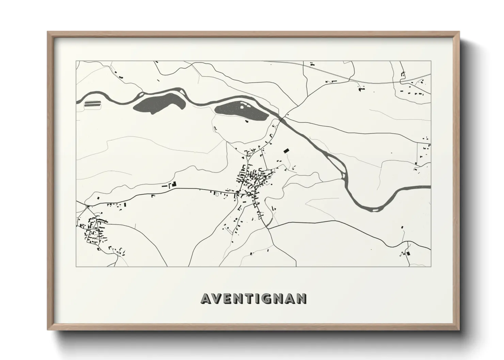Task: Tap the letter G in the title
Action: (x=268, y=298)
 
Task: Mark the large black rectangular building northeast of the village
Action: (x=286, y=150)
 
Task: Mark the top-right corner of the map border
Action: (x=431, y=61)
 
